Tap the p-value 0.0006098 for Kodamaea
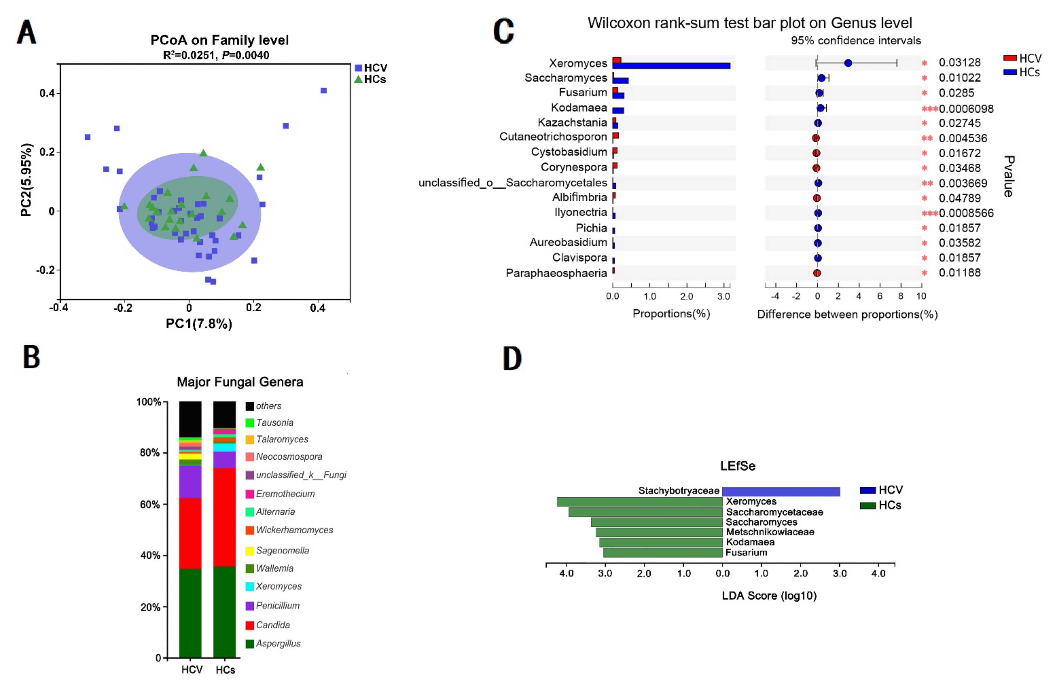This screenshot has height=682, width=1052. coord(966,109)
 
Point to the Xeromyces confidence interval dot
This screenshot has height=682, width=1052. coord(848,63)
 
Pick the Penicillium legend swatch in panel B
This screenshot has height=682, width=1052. coord(250,606)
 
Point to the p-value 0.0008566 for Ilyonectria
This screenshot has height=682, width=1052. coord(966,213)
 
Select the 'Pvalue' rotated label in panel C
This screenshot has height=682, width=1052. coord(1008,176)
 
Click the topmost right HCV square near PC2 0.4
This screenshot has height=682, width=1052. coord(324,91)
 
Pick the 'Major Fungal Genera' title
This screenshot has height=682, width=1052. coord(240,382)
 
